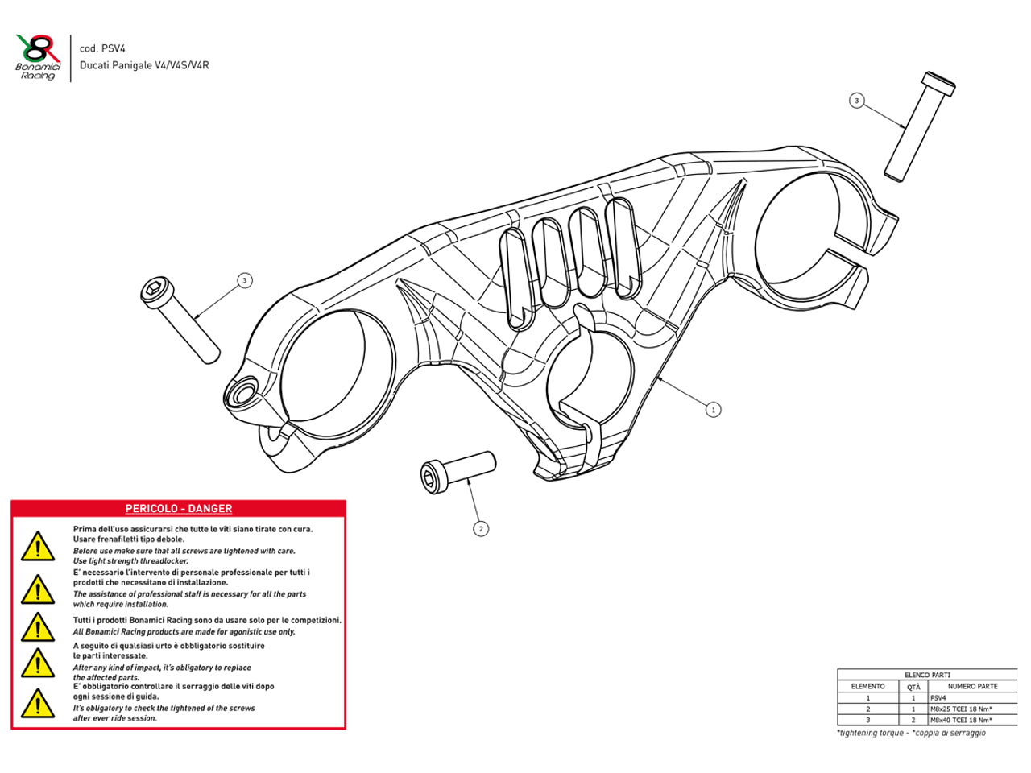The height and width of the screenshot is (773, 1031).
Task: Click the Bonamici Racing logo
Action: coord(38,57)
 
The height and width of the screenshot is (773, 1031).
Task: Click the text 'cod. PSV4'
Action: coord(102,48)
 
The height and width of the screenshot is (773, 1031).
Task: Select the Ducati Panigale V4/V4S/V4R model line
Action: coord(143,65)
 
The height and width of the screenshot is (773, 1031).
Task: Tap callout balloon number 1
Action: coord(713,410)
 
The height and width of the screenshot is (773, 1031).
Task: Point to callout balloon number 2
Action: coord(481,529)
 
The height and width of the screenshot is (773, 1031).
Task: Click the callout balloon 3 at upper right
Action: coord(856,101)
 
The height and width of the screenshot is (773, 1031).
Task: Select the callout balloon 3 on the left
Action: coord(245,280)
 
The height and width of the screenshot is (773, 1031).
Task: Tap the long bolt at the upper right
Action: coord(920,125)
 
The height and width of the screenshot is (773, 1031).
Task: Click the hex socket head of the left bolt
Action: coord(155,291)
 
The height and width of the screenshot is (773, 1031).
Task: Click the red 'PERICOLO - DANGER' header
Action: coord(178,509)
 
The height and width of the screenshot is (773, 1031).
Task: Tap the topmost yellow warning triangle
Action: coord(37,547)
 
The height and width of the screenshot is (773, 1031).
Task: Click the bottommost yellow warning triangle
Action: coord(37,704)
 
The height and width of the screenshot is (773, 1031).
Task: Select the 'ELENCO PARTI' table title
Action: coord(927,675)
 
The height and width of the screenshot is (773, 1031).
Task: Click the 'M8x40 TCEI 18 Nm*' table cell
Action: coord(961,720)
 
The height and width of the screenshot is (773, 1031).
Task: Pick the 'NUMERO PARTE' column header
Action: coord(972,686)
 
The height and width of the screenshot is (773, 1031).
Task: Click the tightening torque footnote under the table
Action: coord(911,733)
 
